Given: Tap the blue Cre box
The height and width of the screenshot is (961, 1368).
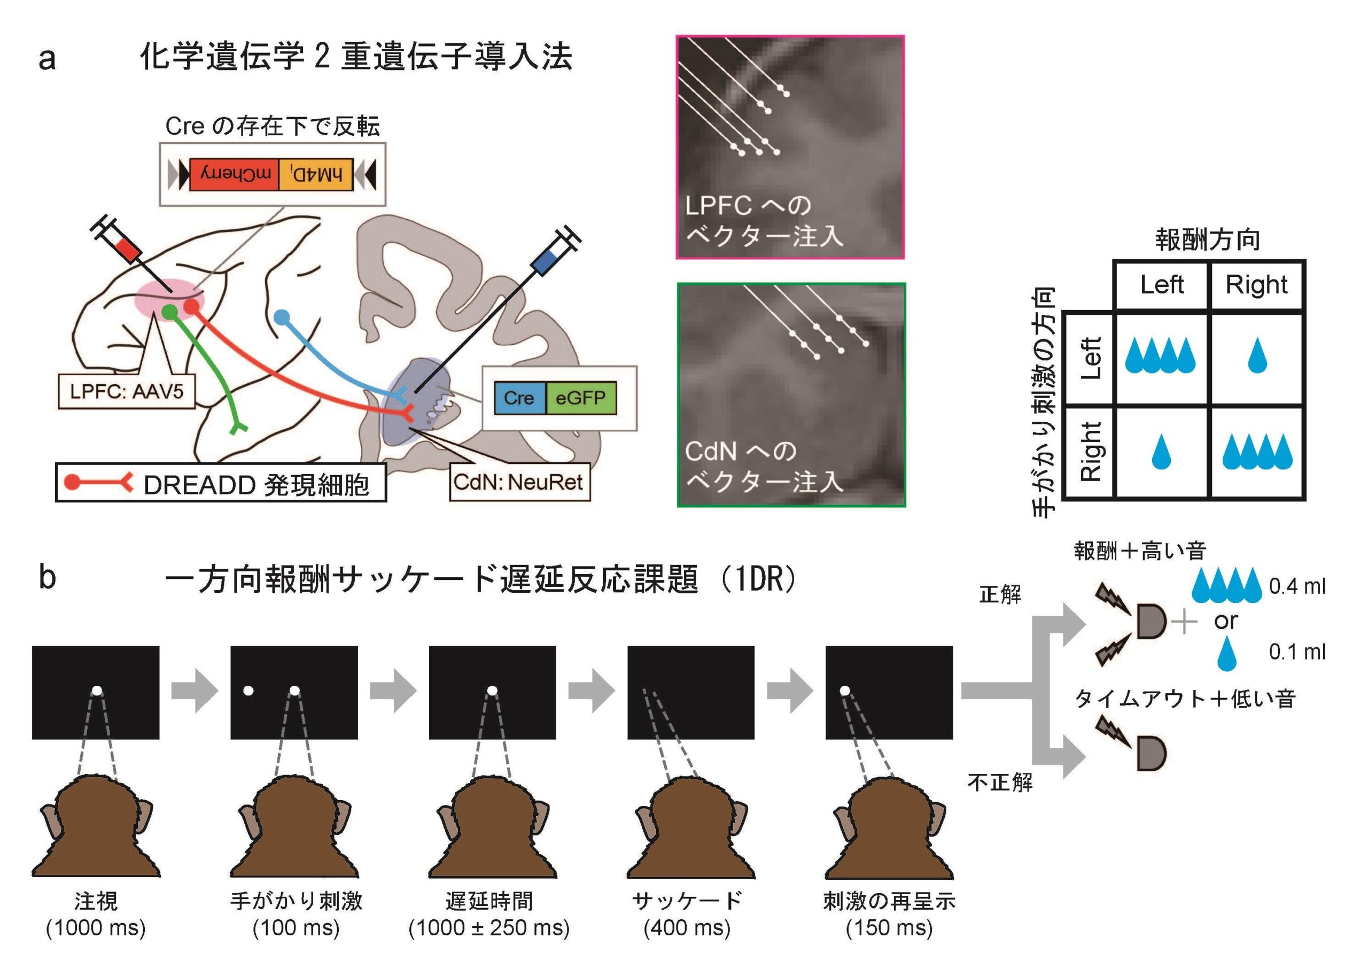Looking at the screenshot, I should (x=519, y=398).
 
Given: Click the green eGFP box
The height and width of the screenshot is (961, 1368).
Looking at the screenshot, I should (x=580, y=398).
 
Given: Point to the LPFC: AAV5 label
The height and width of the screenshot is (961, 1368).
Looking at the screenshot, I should (x=126, y=391).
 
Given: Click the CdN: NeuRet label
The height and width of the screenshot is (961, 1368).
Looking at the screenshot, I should (x=519, y=482).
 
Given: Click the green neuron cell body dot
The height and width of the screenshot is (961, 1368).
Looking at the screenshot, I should (x=170, y=311).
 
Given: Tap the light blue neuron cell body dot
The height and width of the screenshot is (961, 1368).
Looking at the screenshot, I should (x=282, y=317).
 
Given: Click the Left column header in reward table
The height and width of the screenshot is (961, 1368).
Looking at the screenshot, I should (x=1161, y=285).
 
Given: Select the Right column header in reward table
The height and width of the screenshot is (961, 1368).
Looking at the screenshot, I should (x=1256, y=285).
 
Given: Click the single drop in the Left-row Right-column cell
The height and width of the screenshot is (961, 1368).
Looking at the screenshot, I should (x=1257, y=355).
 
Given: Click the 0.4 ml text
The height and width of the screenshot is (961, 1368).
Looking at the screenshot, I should (x=1296, y=586).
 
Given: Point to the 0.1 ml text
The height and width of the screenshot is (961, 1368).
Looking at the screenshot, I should (x=1296, y=652).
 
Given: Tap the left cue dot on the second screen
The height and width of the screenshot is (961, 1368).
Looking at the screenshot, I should (x=248, y=691).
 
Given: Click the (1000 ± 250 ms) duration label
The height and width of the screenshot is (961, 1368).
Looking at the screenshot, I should (x=488, y=928).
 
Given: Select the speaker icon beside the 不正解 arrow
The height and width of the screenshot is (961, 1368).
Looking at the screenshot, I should (x=1151, y=754).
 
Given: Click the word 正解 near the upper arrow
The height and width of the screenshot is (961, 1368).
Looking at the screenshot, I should (x=1000, y=594).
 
